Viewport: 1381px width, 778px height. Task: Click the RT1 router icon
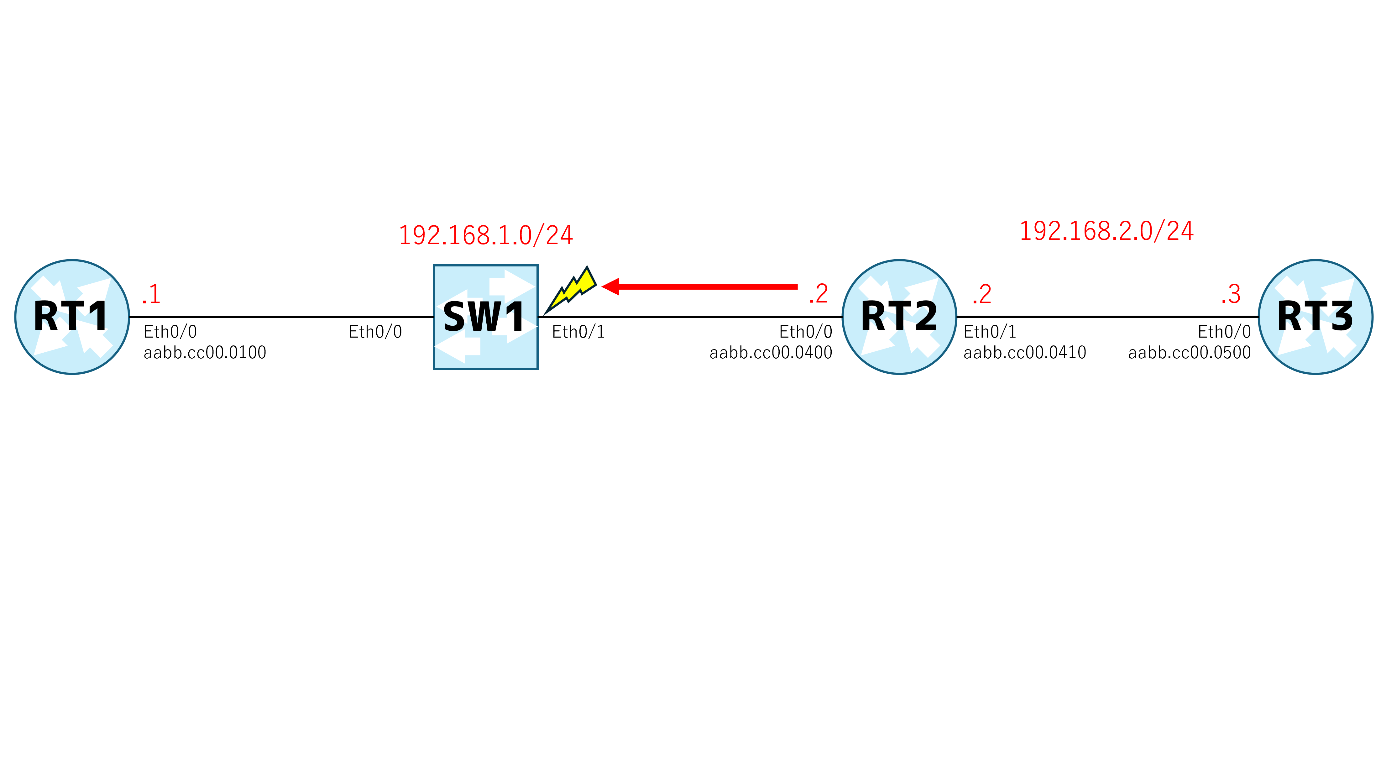[72, 317]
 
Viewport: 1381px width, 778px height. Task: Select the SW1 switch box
[486, 317]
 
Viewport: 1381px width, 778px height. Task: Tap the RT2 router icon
[900, 317]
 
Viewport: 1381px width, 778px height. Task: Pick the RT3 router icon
[1316, 317]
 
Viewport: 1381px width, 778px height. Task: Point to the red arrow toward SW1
[700, 286]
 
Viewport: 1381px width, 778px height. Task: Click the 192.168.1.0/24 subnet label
[486, 235]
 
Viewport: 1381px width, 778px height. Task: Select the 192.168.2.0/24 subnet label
[1106, 231]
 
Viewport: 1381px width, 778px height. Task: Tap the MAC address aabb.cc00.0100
[205, 352]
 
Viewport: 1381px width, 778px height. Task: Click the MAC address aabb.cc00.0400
[771, 352]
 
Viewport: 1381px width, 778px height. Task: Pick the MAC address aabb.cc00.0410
[1025, 352]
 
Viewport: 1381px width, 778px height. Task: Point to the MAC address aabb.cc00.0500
[1190, 352]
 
